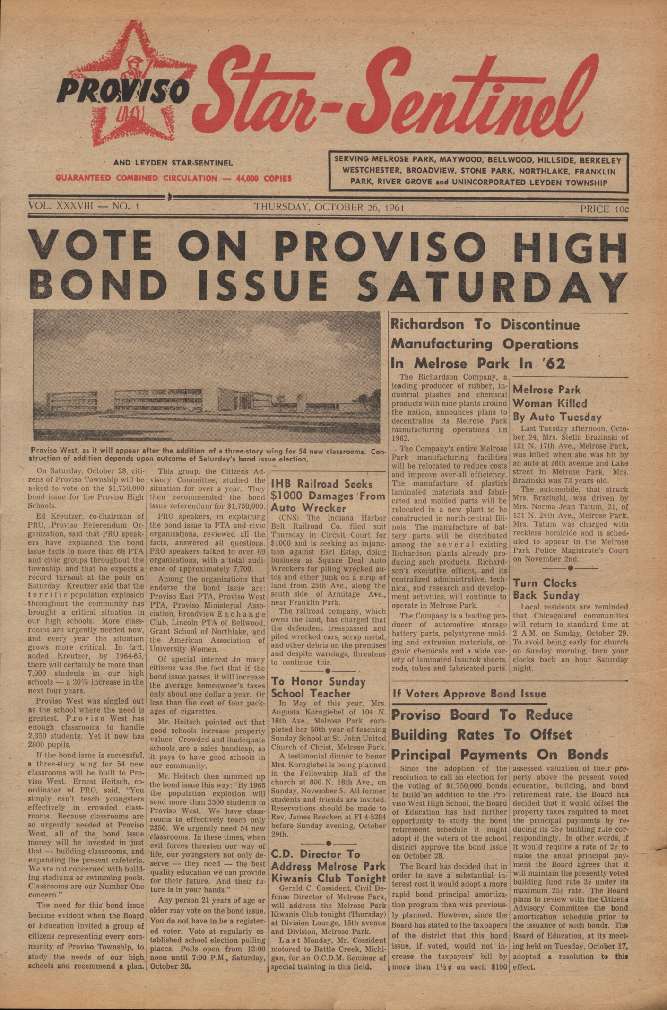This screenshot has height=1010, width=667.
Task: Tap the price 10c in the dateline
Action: [605, 209]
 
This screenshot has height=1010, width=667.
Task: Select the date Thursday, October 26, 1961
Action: [329, 208]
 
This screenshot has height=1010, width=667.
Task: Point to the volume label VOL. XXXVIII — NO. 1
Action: [83, 207]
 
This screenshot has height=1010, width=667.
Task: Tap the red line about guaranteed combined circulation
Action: [173, 178]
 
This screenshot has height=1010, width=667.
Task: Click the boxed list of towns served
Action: [478, 171]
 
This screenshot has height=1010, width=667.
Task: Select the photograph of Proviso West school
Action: [207, 376]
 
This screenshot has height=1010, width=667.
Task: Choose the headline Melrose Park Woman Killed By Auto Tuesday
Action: [557, 403]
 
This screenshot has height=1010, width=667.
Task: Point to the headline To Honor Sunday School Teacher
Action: [318, 688]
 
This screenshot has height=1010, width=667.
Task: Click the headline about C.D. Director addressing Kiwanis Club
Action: [328, 866]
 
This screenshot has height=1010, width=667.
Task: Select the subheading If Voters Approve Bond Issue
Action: [469, 694]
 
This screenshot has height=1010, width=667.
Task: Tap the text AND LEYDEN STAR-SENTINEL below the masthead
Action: [173, 163]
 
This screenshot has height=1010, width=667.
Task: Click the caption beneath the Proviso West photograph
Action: [207, 455]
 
